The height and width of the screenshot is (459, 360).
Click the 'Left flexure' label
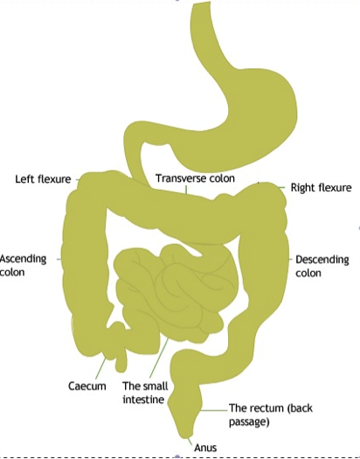tap(43, 179)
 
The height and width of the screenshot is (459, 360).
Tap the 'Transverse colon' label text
tap(195, 178)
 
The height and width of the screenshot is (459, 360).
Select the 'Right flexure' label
tap(321, 187)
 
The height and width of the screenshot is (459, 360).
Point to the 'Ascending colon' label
tap(23, 266)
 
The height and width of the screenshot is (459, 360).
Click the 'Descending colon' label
tap(322, 266)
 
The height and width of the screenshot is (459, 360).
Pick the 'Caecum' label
tap(87, 386)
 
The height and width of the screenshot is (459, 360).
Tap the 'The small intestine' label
tap(145, 393)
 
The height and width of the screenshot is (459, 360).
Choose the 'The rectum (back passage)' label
tap(271, 414)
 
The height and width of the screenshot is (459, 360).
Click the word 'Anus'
tap(205, 448)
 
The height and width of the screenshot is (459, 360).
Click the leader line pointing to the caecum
tap(100, 368)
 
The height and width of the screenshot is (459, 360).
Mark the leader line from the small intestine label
tap(159, 358)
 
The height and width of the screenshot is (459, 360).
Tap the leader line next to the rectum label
tap(214, 410)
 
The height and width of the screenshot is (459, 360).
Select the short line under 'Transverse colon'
tap(186, 191)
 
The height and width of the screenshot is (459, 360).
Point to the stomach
tap(243, 123)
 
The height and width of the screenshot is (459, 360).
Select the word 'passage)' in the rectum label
tap(249, 421)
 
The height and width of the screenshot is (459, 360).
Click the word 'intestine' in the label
tap(143, 400)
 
